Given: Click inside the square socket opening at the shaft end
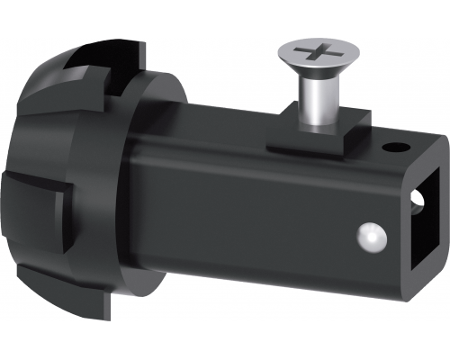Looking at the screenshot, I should click(x=427, y=225).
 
